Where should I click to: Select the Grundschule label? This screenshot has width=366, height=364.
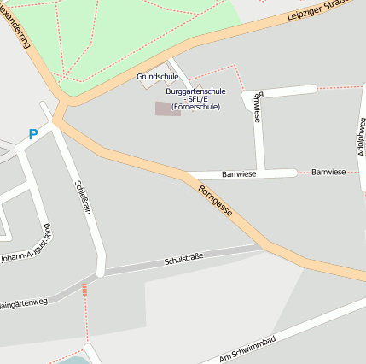158,77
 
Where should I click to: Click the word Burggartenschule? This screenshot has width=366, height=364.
195,90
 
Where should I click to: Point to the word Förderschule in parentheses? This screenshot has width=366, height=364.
195,107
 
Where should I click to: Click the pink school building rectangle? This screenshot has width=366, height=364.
167,109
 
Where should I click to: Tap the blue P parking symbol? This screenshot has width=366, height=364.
33,134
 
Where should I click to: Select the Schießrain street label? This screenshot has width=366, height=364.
83,197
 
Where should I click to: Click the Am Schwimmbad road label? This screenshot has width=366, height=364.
247,347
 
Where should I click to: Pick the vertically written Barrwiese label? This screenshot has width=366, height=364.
259,105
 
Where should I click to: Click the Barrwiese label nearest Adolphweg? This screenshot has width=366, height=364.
328,173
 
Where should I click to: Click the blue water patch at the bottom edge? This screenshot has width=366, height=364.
73,360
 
